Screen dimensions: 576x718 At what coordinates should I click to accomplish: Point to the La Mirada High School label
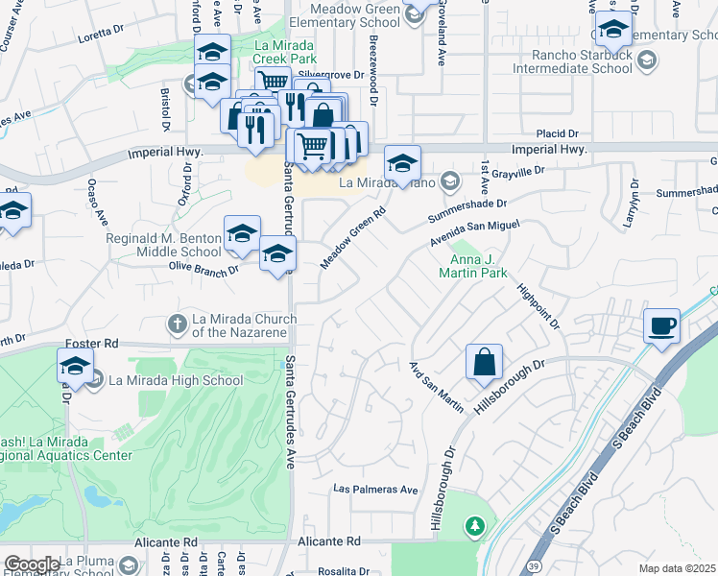coord(176,380)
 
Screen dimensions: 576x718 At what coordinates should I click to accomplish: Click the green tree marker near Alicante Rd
coord(473,526)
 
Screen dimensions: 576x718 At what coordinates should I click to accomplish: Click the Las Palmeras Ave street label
coord(375,489)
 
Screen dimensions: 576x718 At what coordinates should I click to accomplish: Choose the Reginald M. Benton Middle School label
coord(164,245)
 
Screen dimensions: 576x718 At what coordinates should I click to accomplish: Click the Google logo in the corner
coord(31,564)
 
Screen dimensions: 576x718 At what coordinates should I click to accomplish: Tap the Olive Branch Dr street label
coord(203,269)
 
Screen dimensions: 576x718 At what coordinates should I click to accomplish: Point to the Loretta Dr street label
coord(102,30)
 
